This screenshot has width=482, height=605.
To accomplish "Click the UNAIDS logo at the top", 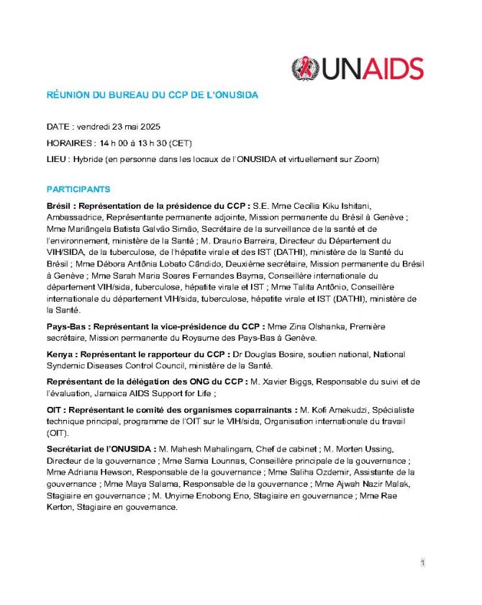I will tap(358, 68).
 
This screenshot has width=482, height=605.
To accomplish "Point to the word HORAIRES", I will tap(69, 143).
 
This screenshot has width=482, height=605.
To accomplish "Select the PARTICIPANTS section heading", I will tap(78, 189).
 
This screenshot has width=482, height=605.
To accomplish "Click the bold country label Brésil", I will tap(60, 207).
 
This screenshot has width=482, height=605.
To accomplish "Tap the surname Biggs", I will tap(287, 382).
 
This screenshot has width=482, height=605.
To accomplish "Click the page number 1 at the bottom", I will tap(423, 563).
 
